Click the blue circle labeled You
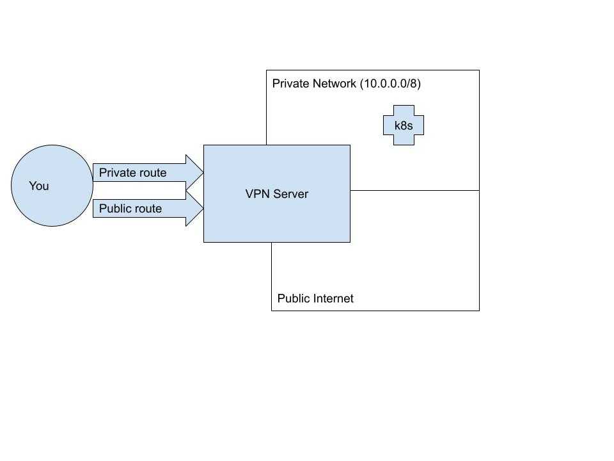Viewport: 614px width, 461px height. [52, 186]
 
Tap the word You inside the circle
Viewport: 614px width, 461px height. [39, 186]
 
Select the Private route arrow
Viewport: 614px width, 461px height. [148, 172]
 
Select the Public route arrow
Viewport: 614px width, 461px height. [148, 208]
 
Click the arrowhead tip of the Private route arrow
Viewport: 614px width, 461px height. [203, 172]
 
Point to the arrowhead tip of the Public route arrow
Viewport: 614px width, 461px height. [203, 208]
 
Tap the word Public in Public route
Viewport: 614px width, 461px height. [114, 208]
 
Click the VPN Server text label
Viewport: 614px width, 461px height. [277, 193]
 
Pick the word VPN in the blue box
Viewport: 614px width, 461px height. [257, 193]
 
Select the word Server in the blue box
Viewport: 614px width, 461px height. [291, 193]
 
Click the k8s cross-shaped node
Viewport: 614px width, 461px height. [404, 125]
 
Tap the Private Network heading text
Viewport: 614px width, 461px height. [314, 83]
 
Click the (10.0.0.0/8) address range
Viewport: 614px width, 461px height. [390, 83]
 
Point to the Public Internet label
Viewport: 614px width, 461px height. [315, 298]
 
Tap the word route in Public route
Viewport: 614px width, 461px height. [147, 208]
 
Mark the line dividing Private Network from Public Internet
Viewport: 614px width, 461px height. [414, 191]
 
